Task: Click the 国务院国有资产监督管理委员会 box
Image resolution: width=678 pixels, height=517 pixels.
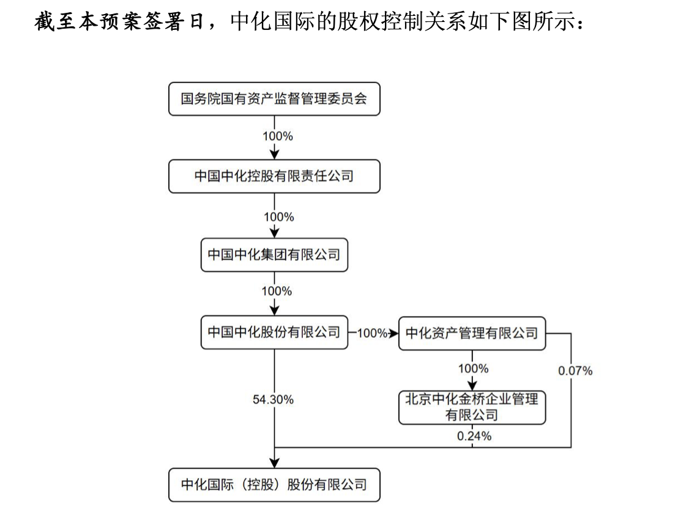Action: (274, 99)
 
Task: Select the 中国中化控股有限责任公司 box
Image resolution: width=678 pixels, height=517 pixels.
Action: (274, 177)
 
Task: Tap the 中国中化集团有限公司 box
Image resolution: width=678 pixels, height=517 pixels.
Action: (274, 255)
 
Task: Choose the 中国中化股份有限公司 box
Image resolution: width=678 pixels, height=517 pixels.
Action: (274, 332)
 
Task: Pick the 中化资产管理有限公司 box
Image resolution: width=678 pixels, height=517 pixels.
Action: (472, 333)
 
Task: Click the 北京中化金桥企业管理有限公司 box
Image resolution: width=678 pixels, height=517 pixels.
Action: (472, 408)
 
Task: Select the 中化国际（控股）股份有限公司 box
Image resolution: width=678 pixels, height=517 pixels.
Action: (274, 485)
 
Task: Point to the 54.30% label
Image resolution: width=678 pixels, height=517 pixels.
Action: (273, 400)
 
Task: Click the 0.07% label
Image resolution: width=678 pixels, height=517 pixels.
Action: (575, 370)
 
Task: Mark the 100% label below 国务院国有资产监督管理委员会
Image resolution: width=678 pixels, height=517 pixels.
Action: (278, 136)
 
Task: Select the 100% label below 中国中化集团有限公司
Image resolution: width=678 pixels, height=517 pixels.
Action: (277, 291)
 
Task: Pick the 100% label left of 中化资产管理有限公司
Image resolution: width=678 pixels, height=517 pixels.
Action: (372, 333)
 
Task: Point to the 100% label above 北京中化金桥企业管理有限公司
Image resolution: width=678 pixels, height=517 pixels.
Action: (473, 369)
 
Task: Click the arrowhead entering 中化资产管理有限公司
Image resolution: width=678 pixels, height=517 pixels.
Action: (393, 333)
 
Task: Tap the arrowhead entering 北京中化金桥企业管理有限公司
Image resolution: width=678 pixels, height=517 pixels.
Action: (472, 386)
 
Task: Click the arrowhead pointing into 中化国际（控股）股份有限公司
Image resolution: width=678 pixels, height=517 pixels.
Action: (275, 463)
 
